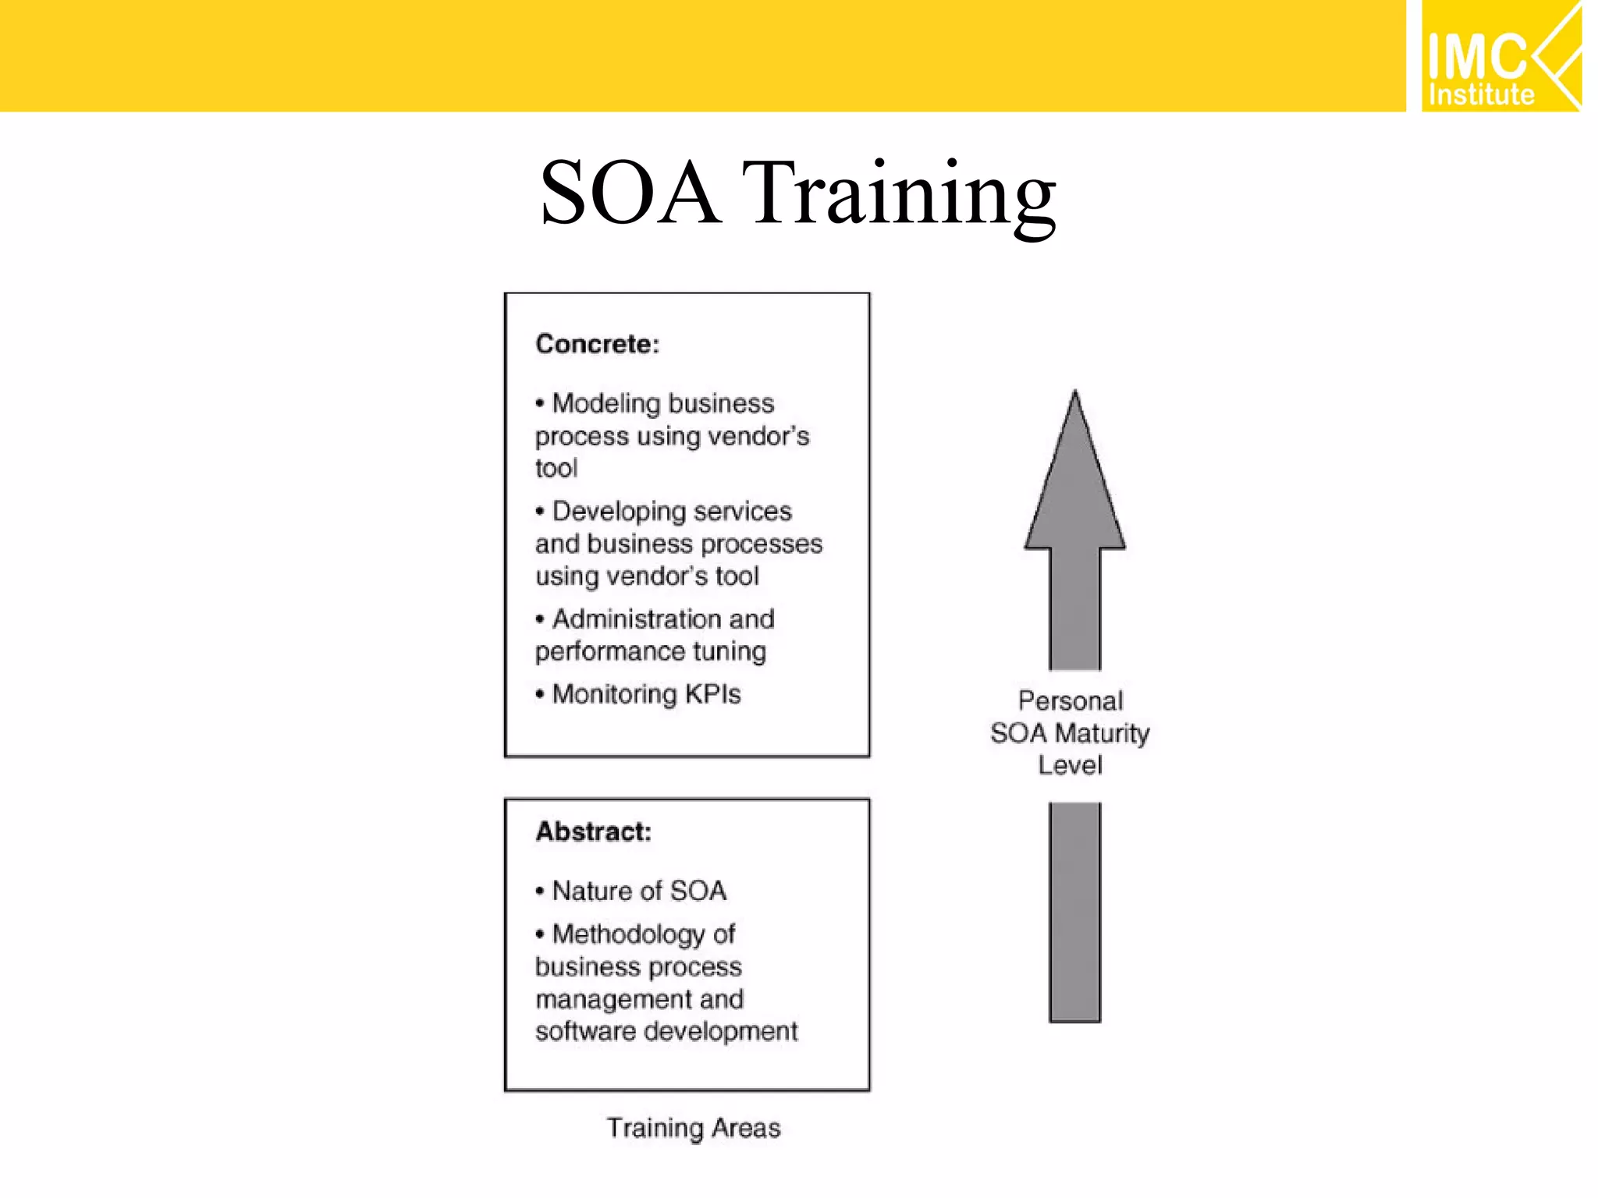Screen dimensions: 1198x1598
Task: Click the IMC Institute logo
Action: [1500, 56]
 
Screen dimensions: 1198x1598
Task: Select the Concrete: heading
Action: [597, 344]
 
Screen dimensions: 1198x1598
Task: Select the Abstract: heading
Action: [593, 831]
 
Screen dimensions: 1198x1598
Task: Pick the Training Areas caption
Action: [694, 1128]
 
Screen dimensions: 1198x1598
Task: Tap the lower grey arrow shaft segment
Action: [1074, 913]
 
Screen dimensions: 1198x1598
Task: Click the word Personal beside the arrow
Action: [1071, 700]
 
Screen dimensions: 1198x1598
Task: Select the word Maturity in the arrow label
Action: [1102, 733]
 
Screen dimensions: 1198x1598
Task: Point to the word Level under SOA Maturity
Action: [1070, 765]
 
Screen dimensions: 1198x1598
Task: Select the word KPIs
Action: [712, 693]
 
